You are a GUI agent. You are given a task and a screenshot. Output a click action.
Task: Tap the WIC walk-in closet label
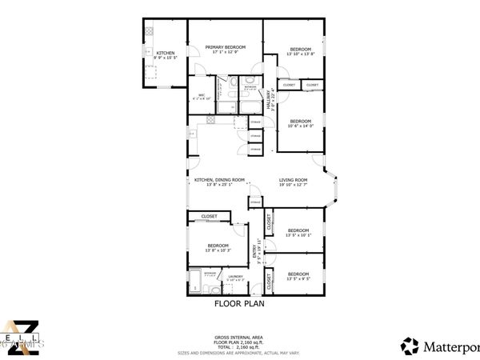coord(203,96)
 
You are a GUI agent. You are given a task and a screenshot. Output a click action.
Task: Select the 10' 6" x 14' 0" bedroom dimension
coord(300,126)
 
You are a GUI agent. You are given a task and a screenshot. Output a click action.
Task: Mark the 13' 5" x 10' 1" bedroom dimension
coord(298,235)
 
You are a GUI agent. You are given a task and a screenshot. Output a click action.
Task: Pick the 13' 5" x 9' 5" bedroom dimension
coord(298,279)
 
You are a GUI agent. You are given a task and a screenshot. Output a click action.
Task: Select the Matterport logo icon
coord(410,346)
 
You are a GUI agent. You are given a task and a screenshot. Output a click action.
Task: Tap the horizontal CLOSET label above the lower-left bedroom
coord(210,216)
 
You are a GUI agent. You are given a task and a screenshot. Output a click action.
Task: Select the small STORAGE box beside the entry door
coord(255,202)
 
